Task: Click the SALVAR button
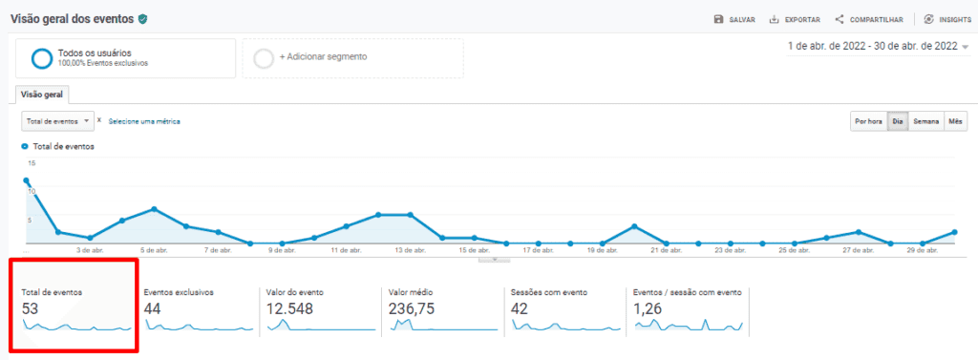pyautogui.click(x=735, y=19)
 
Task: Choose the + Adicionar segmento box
pyautogui.click(x=352, y=57)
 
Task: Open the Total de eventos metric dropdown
pyautogui.click(x=57, y=121)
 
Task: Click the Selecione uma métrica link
pyautogui.click(x=143, y=121)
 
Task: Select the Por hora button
pyautogui.click(x=868, y=121)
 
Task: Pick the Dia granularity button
pyautogui.click(x=897, y=121)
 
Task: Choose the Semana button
pyautogui.click(x=925, y=121)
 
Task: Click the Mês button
pyautogui.click(x=956, y=121)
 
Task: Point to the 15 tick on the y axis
pyautogui.click(x=31, y=163)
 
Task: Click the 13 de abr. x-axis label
pyautogui.click(x=411, y=250)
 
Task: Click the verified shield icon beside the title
pyautogui.click(x=143, y=19)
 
